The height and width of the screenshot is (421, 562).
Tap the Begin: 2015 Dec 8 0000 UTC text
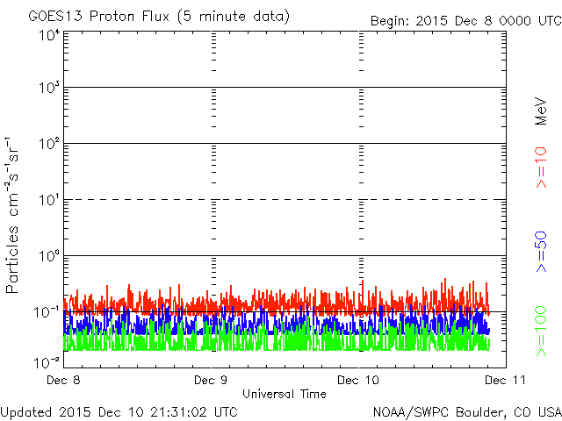click(466, 21)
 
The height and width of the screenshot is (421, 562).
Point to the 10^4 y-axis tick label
click(49, 35)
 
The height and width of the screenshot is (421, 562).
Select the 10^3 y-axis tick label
click(49, 87)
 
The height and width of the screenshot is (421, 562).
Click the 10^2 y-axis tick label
click(49, 143)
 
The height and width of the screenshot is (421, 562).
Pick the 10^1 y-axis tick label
click(49, 199)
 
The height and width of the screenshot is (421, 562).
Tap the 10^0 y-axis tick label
click(49, 255)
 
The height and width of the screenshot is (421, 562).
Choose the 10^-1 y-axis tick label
click(47, 312)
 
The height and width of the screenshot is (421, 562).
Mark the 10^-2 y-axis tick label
click(47, 362)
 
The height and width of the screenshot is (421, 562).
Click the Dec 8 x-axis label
click(63, 380)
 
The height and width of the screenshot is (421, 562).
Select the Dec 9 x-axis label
click(211, 380)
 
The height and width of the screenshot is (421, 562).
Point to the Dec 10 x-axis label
click(358, 380)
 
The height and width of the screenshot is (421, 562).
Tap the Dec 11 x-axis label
click(506, 380)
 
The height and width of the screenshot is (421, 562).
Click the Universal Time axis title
click(285, 394)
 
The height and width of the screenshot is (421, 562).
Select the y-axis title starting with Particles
click(12, 215)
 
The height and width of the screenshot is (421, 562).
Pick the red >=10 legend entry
click(541, 168)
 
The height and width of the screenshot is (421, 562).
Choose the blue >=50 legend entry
click(541, 252)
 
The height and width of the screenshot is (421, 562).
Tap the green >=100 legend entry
click(541, 332)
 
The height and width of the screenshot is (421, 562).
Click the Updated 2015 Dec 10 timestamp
click(119, 412)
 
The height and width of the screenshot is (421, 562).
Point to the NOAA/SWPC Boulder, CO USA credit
click(467, 412)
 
